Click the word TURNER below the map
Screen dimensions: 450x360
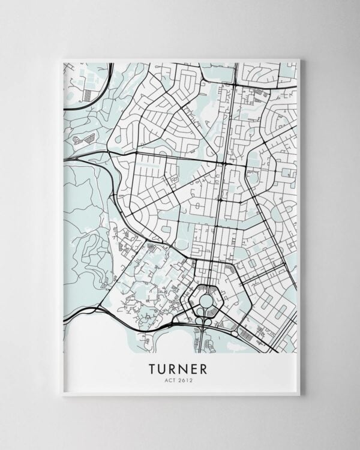179,367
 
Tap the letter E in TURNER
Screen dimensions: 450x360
198,367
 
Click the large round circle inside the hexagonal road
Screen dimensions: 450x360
206,299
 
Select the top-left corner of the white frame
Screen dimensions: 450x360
62,59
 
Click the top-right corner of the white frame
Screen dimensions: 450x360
299,59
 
